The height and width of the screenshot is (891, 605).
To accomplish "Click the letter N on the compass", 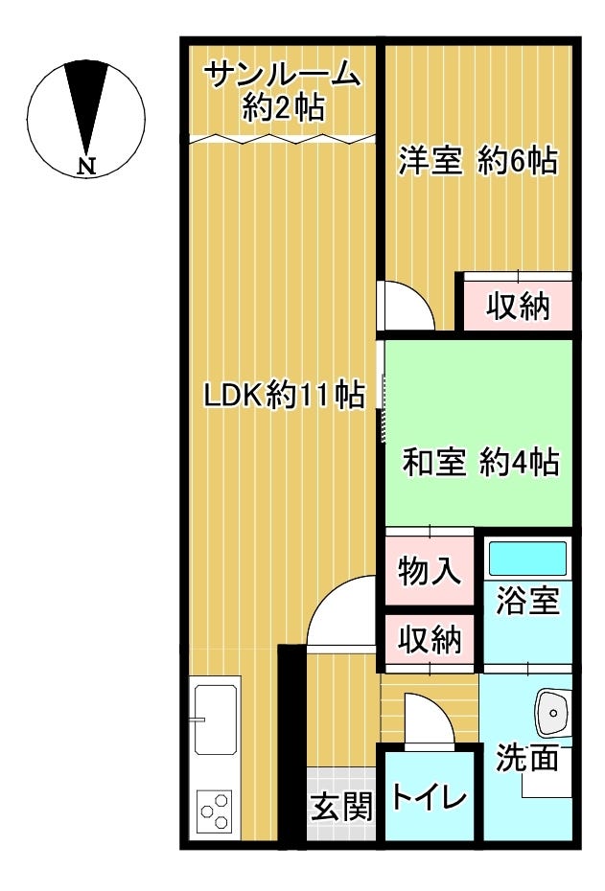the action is pos(86,166).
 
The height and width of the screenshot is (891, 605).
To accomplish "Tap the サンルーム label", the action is pos(283,75).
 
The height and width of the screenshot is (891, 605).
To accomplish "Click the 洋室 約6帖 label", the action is pos(477,161).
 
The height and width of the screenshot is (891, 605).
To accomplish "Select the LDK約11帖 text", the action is pos(285,395).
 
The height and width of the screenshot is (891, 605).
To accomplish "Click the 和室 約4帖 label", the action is pos(480,462).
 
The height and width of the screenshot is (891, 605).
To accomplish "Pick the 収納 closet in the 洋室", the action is pos(518,306).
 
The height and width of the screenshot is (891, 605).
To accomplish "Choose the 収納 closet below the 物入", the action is pos(430,640).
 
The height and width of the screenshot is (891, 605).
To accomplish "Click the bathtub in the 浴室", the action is pos(528,560).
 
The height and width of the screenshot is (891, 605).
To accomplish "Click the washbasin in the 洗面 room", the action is pos(552,713).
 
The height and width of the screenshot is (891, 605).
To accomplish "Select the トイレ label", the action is pos(430,797).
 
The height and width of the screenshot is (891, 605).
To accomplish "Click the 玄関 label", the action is pos(341,807).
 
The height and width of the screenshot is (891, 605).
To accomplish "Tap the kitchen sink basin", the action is pos(216,720).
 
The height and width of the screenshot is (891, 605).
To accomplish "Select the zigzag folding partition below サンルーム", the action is pos(282,139).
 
